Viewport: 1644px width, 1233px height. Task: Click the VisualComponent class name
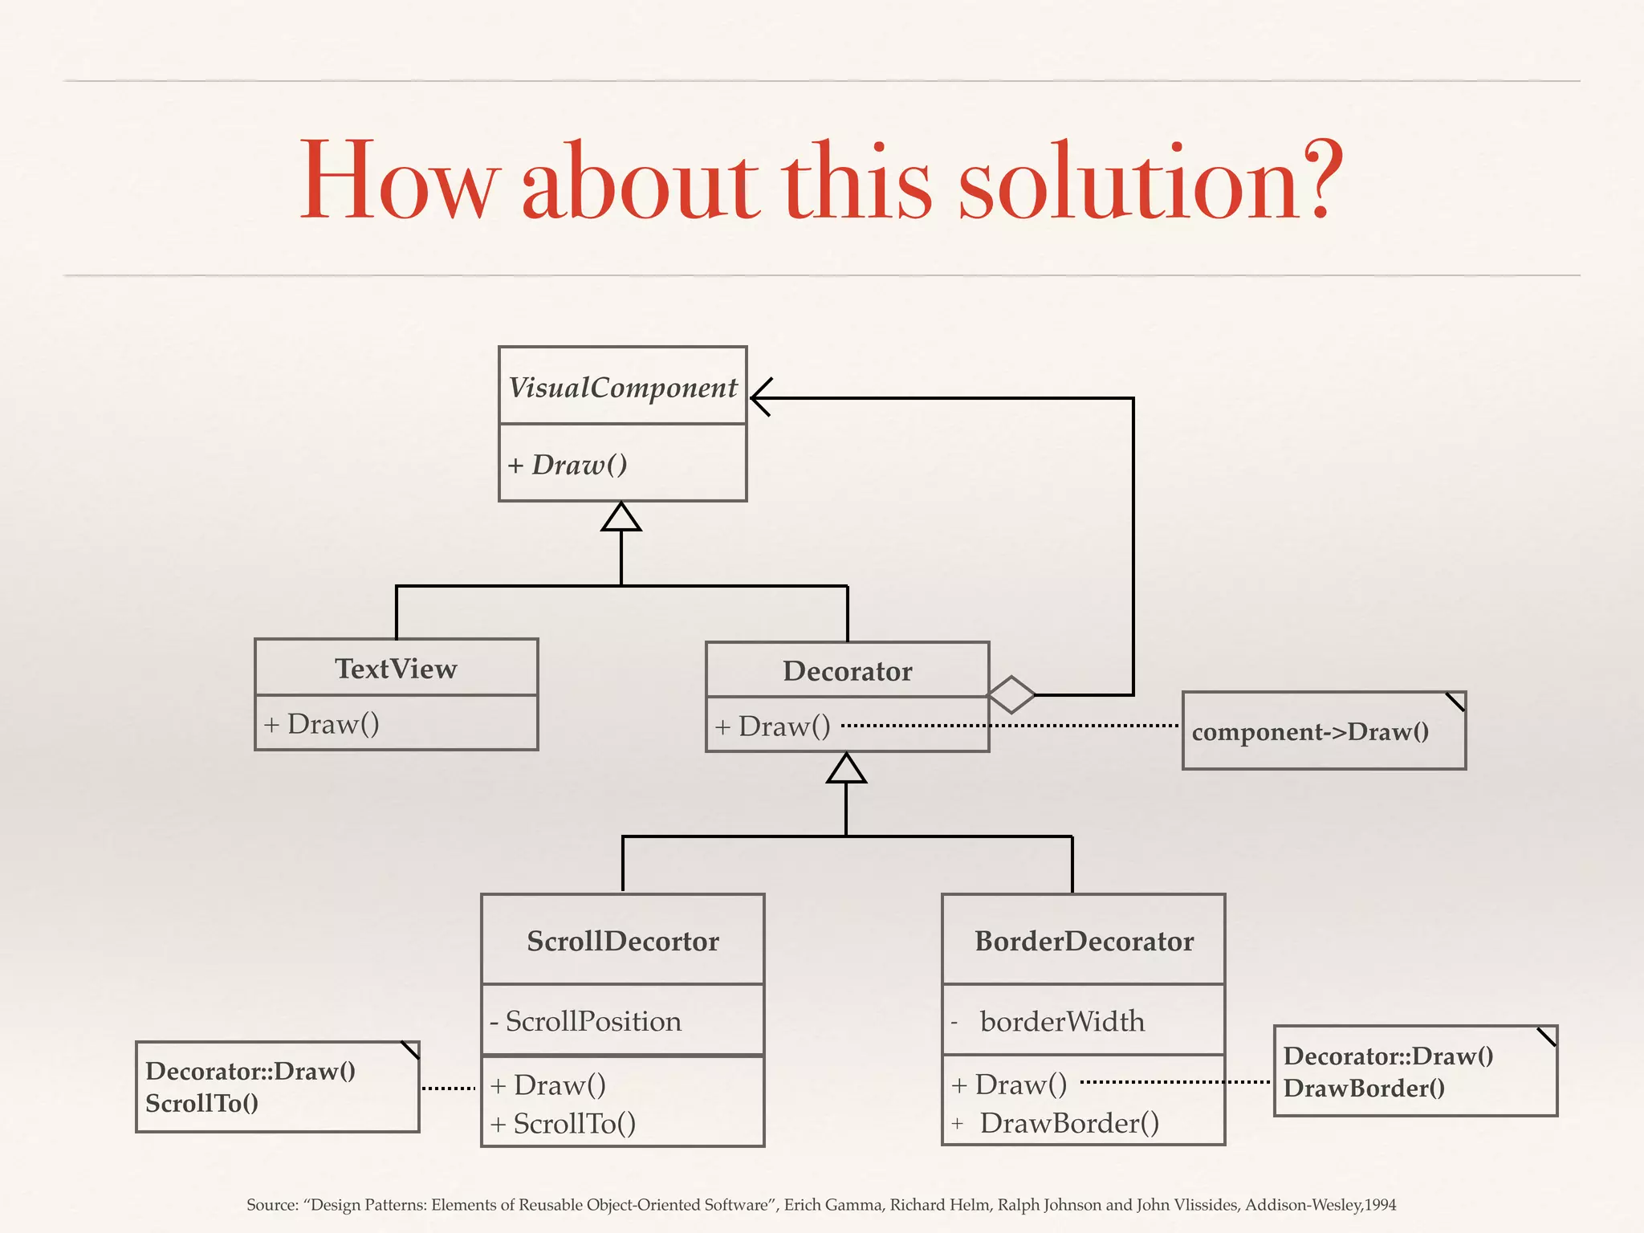(x=622, y=388)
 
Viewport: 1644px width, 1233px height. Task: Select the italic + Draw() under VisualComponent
(x=568, y=465)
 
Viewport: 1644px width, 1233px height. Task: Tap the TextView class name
(x=396, y=669)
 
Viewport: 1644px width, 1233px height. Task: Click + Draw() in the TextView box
(x=322, y=724)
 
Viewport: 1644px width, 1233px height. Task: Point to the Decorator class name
(x=847, y=671)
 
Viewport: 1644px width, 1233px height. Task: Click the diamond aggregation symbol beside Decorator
(x=1011, y=694)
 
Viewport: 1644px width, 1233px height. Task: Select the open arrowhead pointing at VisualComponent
(x=761, y=397)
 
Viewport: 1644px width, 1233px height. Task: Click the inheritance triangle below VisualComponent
(x=621, y=518)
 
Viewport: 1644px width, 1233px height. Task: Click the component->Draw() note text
(x=1310, y=732)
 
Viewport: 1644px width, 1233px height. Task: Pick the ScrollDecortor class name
(x=622, y=941)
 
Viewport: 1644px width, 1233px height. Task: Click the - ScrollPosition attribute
(x=586, y=1021)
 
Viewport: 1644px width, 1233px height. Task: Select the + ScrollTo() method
(x=564, y=1124)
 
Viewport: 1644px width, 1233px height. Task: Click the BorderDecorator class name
(x=1084, y=941)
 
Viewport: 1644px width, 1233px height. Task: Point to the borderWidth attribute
(x=1061, y=1021)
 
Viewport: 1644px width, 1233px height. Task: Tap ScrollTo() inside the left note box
(x=201, y=1104)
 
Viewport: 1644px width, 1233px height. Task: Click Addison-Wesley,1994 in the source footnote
(x=1320, y=1205)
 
